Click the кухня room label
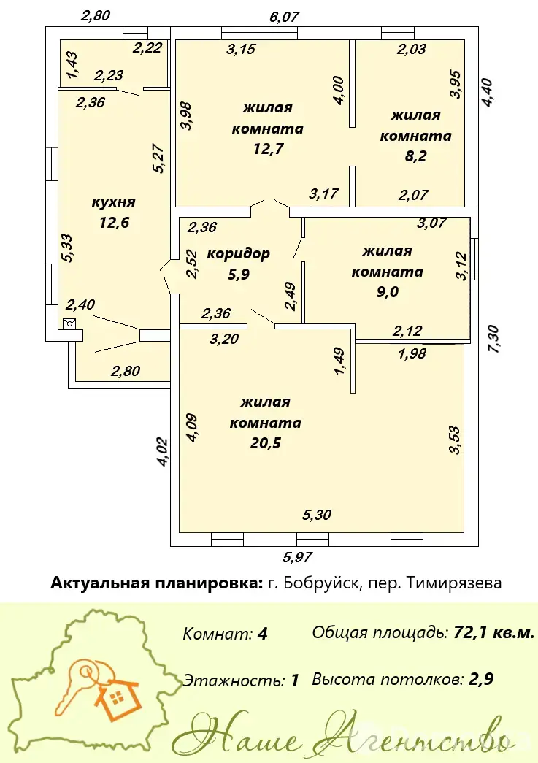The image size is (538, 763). tap(113, 202)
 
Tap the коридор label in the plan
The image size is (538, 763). tap(239, 253)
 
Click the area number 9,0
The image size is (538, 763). tap(387, 291)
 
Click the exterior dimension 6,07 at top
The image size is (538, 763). tap(285, 17)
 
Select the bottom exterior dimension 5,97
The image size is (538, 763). tap(296, 558)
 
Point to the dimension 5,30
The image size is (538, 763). tap(317, 515)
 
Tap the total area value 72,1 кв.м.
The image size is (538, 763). tap(493, 632)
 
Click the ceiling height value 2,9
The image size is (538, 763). tap(481, 679)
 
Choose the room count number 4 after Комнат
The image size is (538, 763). tap(263, 634)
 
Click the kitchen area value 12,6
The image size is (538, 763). tap(114, 223)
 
